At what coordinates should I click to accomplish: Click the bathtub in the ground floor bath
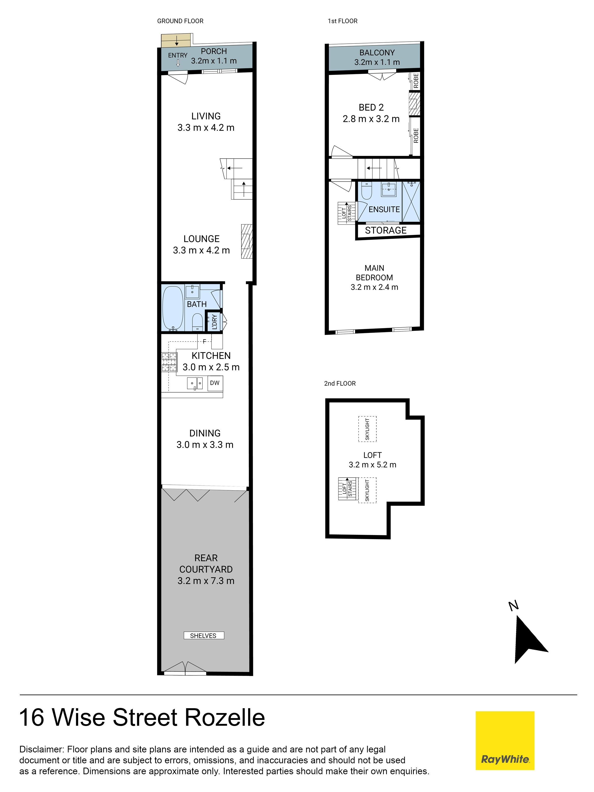(x=173, y=308)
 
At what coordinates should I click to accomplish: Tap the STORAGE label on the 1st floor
(x=386, y=230)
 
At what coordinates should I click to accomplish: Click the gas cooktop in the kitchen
(x=169, y=362)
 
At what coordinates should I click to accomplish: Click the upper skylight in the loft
(x=367, y=429)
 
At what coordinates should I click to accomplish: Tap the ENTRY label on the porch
(x=178, y=56)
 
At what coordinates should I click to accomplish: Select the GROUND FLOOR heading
(x=180, y=21)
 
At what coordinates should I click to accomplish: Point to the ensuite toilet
(x=366, y=191)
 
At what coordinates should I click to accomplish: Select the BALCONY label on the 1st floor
(x=377, y=53)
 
